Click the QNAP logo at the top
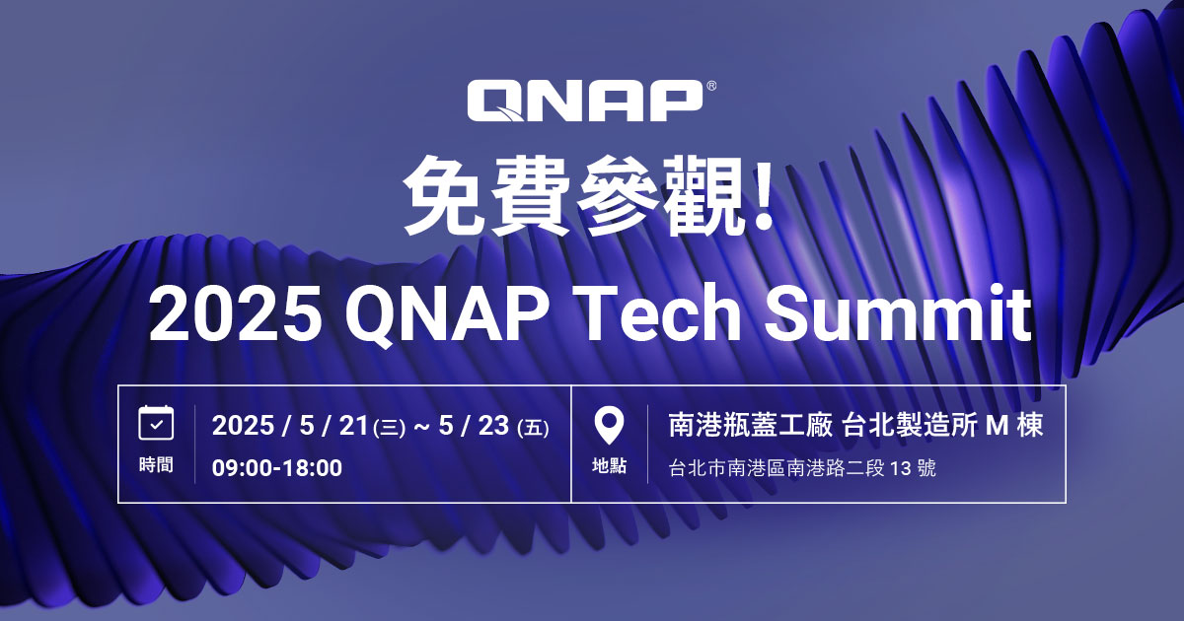(x=584, y=102)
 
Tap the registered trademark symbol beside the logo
(x=711, y=87)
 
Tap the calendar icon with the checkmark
(x=156, y=423)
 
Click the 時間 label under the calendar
(x=156, y=465)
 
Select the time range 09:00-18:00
(x=277, y=468)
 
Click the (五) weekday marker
(x=533, y=428)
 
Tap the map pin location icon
(x=609, y=425)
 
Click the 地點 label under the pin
(x=609, y=466)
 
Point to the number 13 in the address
(x=900, y=468)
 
